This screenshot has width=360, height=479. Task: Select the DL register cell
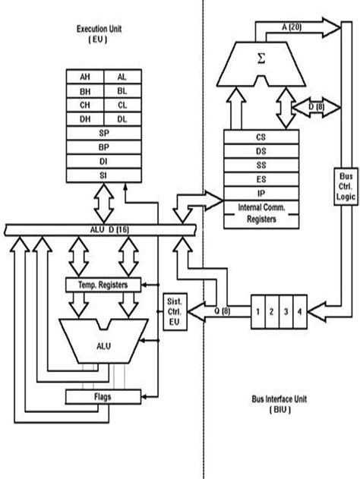122,119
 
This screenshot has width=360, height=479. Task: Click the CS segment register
261,137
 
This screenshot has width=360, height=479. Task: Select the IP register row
261,194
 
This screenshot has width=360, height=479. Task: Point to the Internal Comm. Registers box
261,213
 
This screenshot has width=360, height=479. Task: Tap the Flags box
104,395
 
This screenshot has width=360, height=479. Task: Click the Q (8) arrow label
223,310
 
